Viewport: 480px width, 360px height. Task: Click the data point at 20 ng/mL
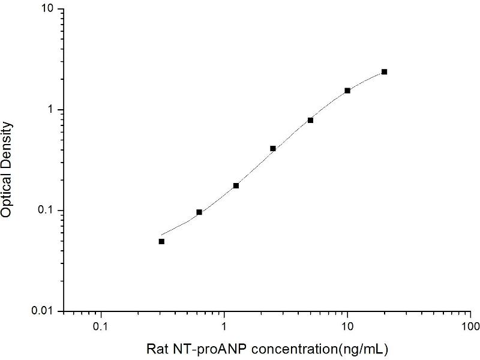point(384,72)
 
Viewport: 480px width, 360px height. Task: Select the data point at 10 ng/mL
point(347,91)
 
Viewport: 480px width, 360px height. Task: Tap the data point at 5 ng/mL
point(310,120)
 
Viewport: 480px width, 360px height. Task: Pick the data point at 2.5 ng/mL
point(273,148)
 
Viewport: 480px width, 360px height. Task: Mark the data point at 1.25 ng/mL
point(236,185)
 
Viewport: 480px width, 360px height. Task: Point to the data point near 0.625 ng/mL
point(199,212)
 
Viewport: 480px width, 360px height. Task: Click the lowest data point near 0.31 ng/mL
point(161,241)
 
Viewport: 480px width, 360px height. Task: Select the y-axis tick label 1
point(52,110)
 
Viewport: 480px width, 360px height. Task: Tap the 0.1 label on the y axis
point(46,211)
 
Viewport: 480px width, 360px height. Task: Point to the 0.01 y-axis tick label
point(44,311)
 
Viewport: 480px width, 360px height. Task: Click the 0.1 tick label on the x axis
point(101,328)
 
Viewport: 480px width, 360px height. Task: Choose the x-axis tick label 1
point(224,328)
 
